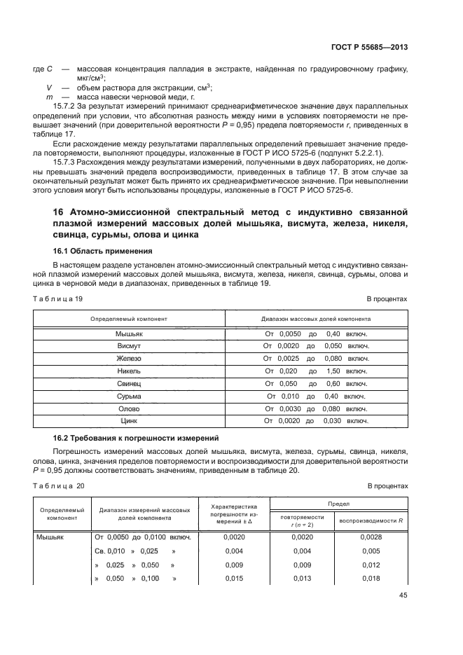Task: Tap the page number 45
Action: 402,595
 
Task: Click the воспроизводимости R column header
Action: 371,520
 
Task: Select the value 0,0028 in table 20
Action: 371,537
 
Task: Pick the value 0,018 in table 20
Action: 371,579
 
